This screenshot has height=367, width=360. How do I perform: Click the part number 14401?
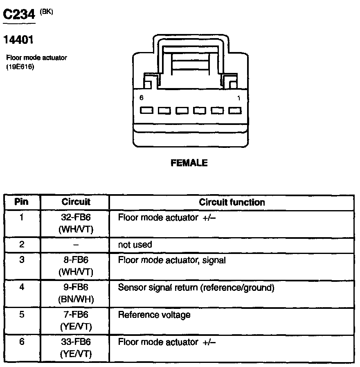(18, 40)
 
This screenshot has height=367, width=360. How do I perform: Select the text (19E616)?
(20, 66)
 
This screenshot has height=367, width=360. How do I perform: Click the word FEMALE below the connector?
(189, 163)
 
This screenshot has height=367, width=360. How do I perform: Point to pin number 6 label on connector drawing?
(141, 98)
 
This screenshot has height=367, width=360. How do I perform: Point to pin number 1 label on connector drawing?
(239, 98)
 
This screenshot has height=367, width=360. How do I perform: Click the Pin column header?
(21, 202)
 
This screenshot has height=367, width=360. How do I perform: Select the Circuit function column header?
(232, 202)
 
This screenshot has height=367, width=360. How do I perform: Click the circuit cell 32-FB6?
(76, 217)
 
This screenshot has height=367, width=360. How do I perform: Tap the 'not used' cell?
(135, 245)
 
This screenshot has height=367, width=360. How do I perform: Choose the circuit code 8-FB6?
(76, 260)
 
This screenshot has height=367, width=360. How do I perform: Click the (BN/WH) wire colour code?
(76, 299)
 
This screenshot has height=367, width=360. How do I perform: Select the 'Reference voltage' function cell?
(154, 315)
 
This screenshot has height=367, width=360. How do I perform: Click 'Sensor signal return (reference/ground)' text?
(196, 288)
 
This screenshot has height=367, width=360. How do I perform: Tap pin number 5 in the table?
(22, 315)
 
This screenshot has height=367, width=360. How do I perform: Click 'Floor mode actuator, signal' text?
(172, 260)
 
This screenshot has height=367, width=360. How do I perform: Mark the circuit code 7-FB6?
(76, 315)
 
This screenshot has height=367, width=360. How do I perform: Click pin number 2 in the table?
(22, 245)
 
